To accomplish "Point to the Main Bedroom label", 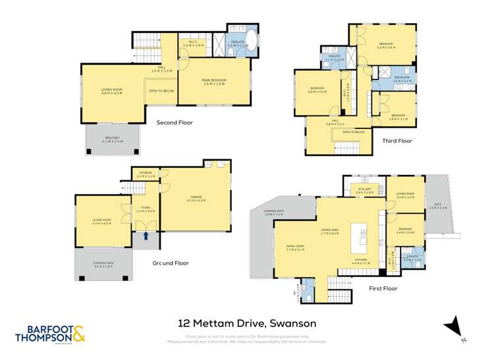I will pos(214,82).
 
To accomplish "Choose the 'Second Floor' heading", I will pos(174,122).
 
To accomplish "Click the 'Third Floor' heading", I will pos(397,140).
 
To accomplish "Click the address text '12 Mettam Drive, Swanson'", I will pos(248,323).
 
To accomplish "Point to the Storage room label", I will pos(146,174).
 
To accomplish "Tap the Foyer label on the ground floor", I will pos(146,209).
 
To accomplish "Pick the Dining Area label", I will pos(329,232).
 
